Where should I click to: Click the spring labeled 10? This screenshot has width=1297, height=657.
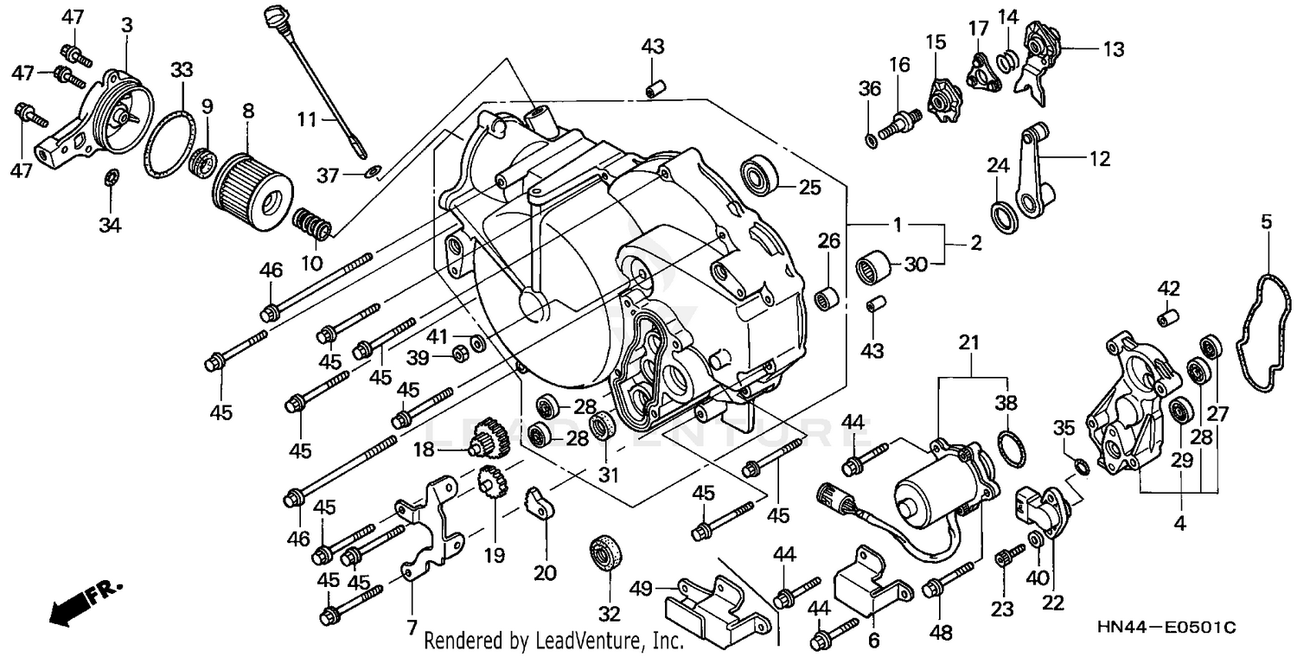[x=313, y=225]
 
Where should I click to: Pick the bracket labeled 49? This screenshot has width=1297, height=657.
[x=713, y=605]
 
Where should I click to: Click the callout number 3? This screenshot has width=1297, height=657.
[x=127, y=25]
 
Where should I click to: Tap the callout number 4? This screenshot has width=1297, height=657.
[x=1179, y=522]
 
